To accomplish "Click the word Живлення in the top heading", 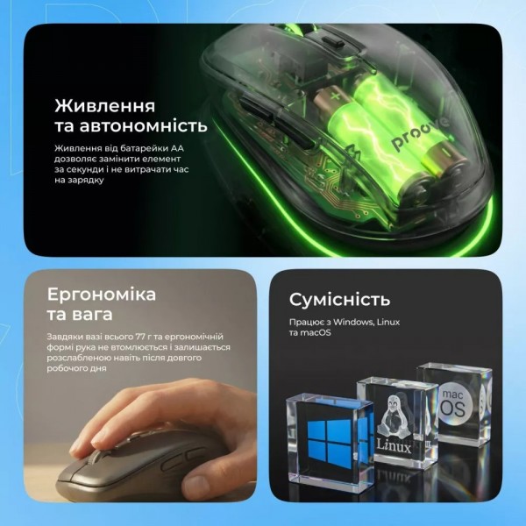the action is click(x=105, y=106).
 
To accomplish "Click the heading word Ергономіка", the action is click(x=102, y=295).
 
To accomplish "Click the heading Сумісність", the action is click(x=340, y=300).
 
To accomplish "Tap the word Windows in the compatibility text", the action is click(x=353, y=322).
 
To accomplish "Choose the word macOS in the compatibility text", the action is click(x=316, y=333).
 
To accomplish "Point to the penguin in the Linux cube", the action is click(x=394, y=417).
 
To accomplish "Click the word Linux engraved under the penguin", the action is click(x=394, y=446).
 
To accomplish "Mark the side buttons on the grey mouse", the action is click(x=183, y=458).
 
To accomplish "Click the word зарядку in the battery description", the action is click(x=86, y=180).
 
